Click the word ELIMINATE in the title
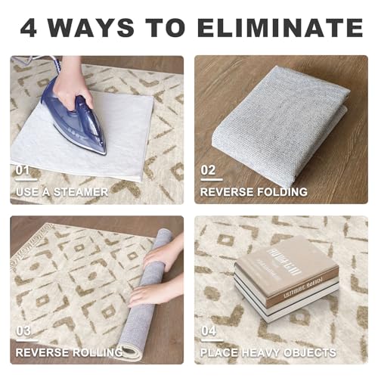[280, 28]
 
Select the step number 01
[23, 170]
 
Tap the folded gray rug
[280, 125]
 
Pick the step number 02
[208, 170]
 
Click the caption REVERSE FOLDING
[253, 192]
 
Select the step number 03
[23, 330]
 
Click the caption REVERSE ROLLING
[69, 352]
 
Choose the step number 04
[209, 330]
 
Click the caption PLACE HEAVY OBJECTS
[268, 352]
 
